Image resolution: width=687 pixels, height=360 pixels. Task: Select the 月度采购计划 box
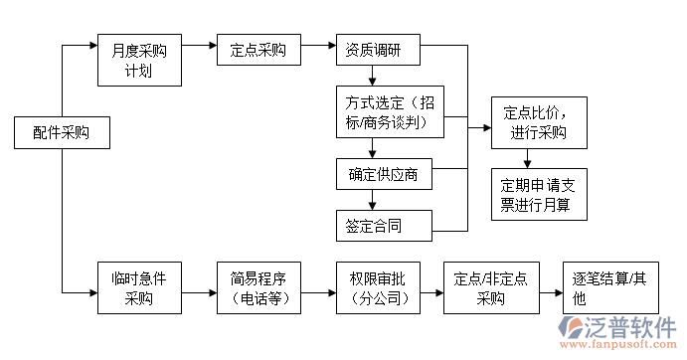coord(140,62)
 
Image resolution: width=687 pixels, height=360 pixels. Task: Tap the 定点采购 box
coord(258,50)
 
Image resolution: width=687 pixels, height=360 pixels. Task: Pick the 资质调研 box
coord(376,50)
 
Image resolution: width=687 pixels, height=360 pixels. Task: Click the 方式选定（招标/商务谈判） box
coord(388,112)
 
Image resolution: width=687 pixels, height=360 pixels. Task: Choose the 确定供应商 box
coord(384,175)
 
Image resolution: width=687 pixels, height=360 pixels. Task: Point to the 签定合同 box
coord(382,225)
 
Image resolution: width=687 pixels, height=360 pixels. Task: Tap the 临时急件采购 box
coord(140,287)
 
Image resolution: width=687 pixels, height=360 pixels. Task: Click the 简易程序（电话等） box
coord(258,287)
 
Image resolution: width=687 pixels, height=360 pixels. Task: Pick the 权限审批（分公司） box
coord(376,287)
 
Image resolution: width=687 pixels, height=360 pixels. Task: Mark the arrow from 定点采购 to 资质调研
coord(317,48)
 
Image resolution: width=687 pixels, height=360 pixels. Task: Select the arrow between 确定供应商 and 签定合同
coord(373,200)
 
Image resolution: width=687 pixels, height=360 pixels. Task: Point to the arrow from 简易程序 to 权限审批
coord(317,293)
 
